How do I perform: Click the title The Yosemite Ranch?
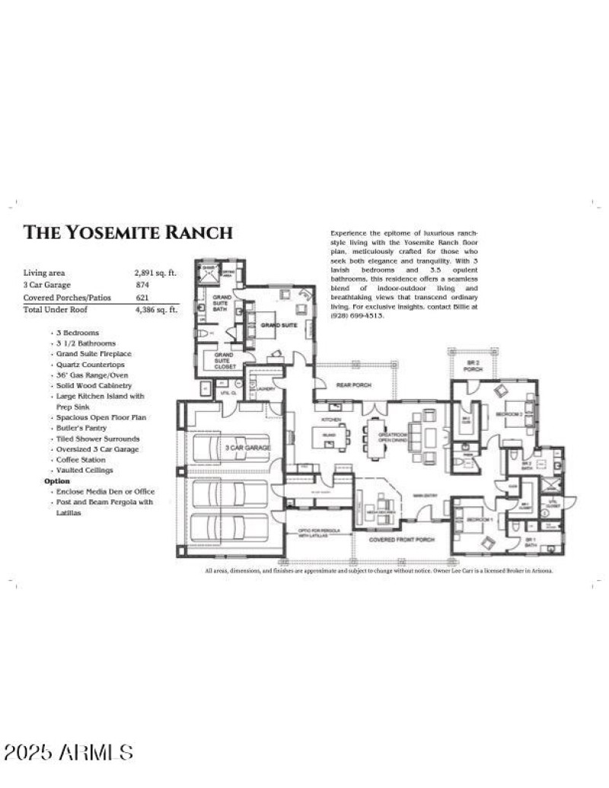128,232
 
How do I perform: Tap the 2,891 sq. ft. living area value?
155,272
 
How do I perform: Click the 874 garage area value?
142,284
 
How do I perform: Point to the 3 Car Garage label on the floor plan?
246,449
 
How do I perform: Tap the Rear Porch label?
356,386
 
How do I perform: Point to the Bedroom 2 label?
510,413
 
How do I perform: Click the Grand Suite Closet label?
223,360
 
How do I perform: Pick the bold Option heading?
57,481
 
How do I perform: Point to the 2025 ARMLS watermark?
69,753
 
